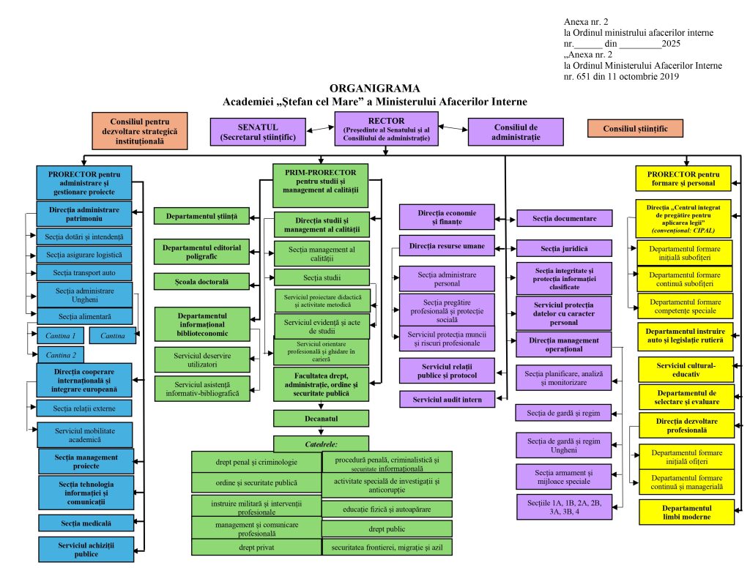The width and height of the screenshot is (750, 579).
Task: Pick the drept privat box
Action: click(256, 547)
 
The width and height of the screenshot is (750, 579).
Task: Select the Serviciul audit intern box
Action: click(447, 399)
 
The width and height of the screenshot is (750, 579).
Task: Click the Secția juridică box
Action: click(565, 248)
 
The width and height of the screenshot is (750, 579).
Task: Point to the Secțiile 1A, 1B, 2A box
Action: click(565, 508)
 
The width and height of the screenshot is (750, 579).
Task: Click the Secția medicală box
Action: click(86, 523)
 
